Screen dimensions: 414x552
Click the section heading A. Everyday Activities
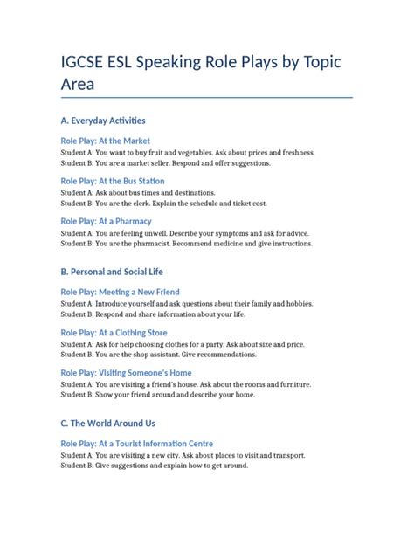(x=103, y=121)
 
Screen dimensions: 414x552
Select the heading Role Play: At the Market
(x=105, y=141)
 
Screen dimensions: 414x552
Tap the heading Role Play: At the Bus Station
(x=113, y=181)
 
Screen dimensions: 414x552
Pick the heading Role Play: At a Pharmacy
(x=106, y=221)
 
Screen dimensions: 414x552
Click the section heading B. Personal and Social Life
(x=112, y=272)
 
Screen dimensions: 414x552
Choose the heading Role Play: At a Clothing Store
(x=114, y=333)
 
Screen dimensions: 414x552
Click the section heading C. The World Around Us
(x=107, y=424)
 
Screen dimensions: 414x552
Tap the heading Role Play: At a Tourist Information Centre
(x=136, y=444)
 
